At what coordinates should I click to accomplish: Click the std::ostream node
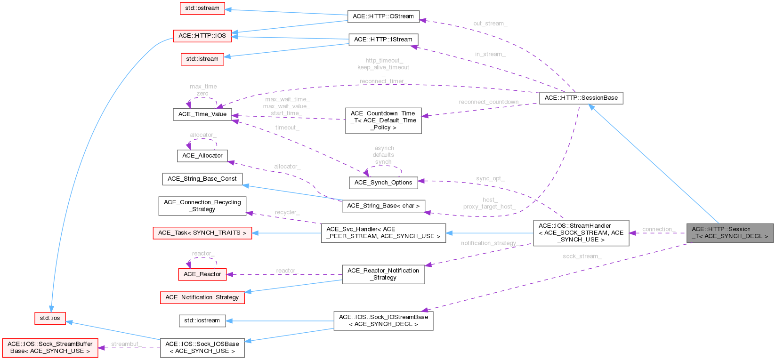pos(202,8)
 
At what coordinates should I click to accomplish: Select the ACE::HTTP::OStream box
pos(383,16)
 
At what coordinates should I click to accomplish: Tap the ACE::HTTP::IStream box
pos(383,40)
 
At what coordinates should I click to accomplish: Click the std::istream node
pos(202,59)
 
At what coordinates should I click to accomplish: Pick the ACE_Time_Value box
pos(202,114)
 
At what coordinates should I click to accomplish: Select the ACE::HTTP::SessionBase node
pos(581,98)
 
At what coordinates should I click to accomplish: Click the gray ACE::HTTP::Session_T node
pos(729,232)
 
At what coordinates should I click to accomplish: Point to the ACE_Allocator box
pos(202,156)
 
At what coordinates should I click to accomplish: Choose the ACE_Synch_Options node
pos(383,183)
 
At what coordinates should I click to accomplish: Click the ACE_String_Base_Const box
pos(202,179)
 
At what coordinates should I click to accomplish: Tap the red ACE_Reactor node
pos(202,274)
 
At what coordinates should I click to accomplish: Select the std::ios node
pos(50,318)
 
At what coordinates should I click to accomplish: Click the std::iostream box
pos(202,321)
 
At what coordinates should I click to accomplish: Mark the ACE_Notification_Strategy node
pos(202,297)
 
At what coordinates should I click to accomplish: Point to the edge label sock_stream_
pos(582,256)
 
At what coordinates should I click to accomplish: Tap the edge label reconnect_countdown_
pos(490,102)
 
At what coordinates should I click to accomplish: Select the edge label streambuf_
pos(126,344)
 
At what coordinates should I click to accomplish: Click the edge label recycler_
pos(287,212)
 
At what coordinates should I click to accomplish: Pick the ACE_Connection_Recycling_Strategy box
pos(202,206)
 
